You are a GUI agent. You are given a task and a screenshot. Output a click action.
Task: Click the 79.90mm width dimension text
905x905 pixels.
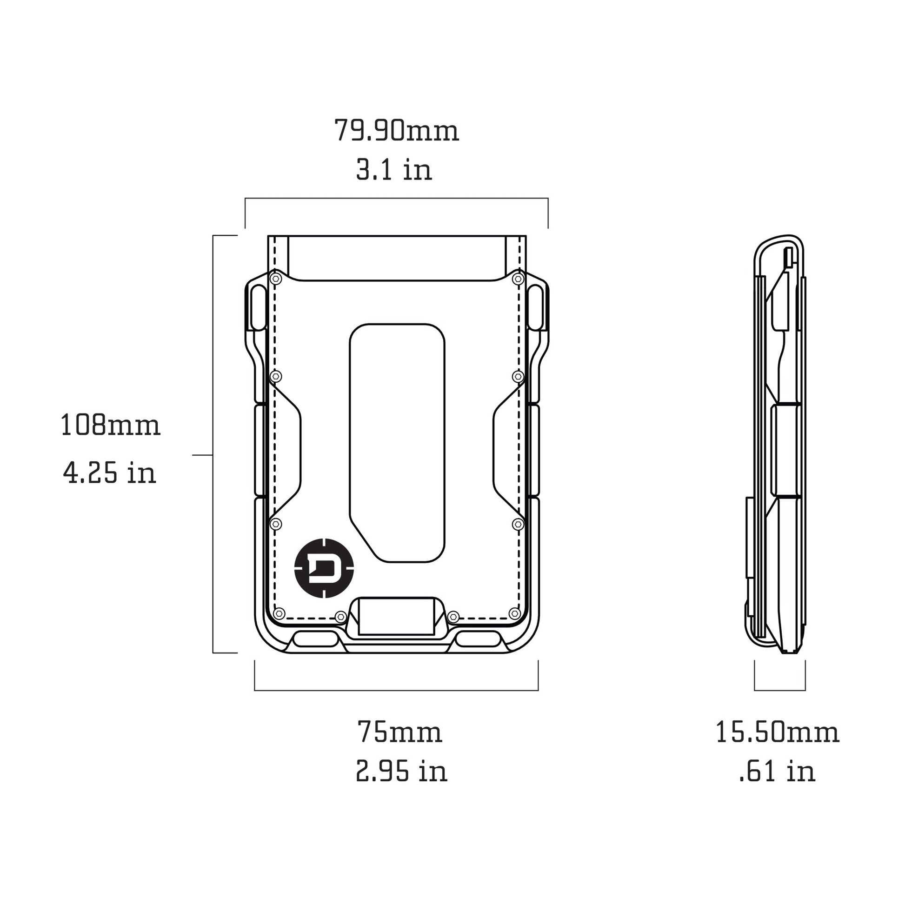396,131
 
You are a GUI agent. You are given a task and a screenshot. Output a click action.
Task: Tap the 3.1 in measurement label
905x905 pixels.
394,170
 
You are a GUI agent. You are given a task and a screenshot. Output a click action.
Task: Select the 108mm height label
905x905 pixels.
111,426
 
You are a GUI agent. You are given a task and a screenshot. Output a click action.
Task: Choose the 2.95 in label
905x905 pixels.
401,771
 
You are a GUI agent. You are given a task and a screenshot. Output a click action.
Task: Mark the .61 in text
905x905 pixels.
778,771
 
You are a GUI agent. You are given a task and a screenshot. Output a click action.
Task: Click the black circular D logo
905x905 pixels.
324,568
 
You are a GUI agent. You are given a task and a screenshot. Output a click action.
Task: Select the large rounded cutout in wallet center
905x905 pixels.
397,443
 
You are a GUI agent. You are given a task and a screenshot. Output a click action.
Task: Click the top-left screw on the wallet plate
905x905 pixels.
276,279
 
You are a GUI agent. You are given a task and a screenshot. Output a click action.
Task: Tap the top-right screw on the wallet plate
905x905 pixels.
518,279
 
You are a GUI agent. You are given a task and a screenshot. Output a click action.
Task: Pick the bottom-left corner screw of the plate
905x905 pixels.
279,613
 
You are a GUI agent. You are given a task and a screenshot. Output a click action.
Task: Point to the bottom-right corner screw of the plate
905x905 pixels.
514,613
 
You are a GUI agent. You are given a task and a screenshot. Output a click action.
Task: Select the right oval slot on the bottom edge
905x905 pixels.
478,639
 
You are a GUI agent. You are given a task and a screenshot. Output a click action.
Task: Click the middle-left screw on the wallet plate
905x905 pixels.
276,376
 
